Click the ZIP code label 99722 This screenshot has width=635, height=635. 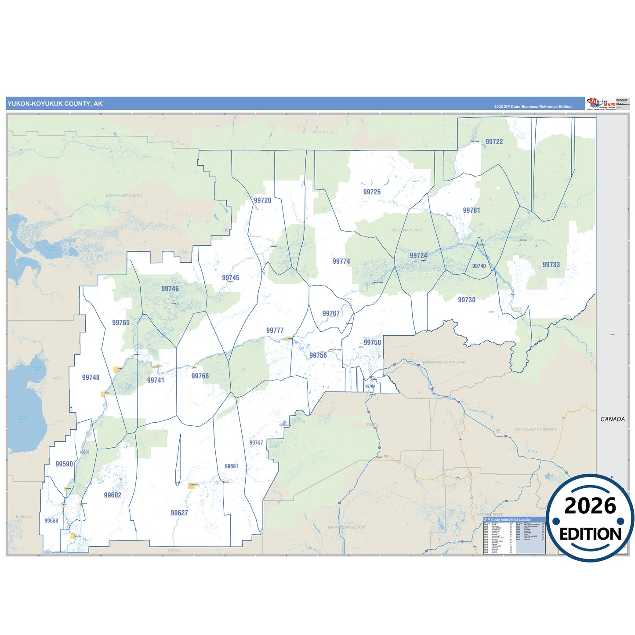click(494, 142)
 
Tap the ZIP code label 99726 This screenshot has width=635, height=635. click(372, 192)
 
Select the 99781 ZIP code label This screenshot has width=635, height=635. click(471, 210)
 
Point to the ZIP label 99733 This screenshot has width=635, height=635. click(551, 265)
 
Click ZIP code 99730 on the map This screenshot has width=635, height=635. click(466, 300)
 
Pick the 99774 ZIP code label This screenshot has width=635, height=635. click(341, 261)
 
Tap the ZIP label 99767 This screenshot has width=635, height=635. click(331, 313)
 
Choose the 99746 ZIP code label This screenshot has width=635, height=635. click(170, 289)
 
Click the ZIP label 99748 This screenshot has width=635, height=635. click(91, 377)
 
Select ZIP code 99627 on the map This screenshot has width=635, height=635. click(179, 513)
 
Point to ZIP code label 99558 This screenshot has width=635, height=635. click(51, 521)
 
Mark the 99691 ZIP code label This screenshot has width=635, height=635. click(231, 466)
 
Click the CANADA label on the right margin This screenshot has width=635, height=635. click(612, 419)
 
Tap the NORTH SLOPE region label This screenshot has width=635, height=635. click(325, 132)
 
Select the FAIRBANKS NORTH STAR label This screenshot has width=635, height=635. click(444, 363)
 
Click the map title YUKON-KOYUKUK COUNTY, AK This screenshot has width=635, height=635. click(55, 104)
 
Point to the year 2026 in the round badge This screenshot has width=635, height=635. click(590, 506)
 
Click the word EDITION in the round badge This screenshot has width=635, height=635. click(590, 534)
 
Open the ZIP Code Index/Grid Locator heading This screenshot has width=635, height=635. click(508, 519)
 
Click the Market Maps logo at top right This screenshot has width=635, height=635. click(601, 104)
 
